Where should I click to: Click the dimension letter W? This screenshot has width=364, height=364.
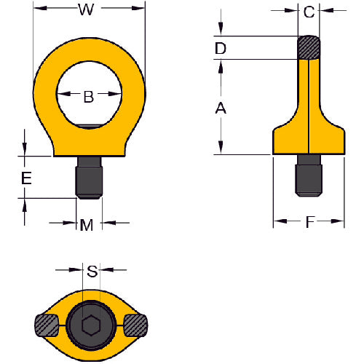87,10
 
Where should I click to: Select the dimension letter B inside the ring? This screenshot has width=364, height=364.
88,95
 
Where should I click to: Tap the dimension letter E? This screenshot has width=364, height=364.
25,177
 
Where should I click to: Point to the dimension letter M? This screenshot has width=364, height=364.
87,225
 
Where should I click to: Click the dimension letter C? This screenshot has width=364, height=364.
309,12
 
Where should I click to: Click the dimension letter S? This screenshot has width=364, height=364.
92,272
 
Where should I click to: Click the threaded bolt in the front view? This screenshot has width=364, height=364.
89,177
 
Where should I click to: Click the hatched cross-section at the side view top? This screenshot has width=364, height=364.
309,47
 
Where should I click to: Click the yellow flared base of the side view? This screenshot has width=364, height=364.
309,141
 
